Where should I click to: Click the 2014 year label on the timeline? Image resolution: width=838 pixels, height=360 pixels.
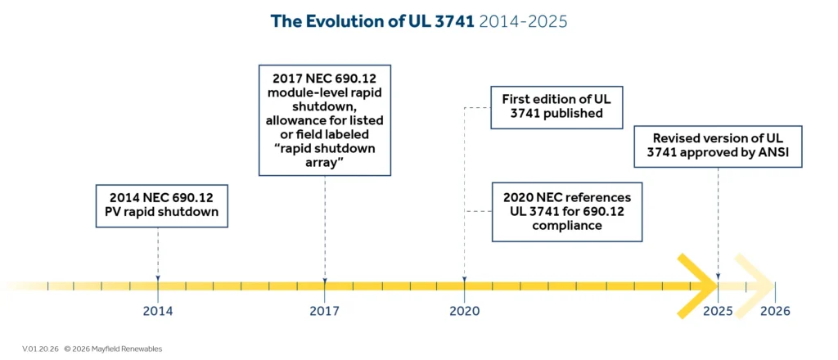click(x=157, y=311)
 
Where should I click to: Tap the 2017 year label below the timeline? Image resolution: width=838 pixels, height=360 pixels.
click(x=325, y=311)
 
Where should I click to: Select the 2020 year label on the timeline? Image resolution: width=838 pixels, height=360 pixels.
click(x=465, y=311)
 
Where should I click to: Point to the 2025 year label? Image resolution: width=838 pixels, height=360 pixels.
click(x=718, y=311)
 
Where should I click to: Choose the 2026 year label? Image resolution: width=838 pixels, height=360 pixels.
click(x=775, y=311)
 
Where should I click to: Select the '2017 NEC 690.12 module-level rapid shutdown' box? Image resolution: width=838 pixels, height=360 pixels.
click(x=325, y=119)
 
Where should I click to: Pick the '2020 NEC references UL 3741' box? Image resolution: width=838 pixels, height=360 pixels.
click(x=566, y=211)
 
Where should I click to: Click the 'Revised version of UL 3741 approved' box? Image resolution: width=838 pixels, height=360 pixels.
click(x=719, y=146)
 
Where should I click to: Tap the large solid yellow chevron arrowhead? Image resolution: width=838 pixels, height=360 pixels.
click(x=696, y=286)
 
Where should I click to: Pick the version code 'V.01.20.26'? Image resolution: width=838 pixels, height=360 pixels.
click(x=40, y=349)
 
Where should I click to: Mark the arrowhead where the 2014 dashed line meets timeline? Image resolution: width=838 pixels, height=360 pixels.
click(x=157, y=278)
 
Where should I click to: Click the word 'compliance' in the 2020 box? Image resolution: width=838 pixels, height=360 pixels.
click(x=566, y=225)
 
